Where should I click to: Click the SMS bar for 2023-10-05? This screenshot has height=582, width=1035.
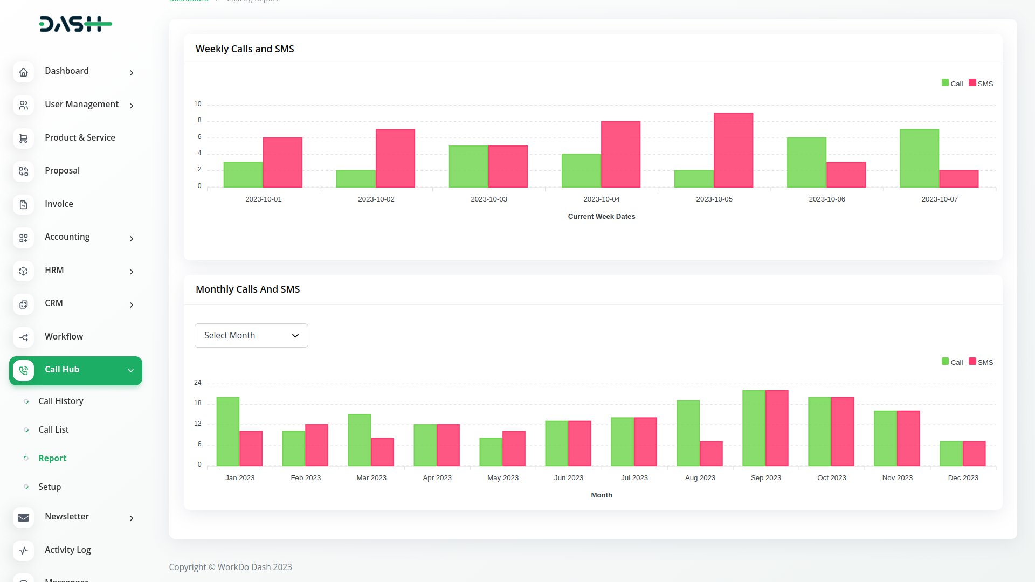(733, 150)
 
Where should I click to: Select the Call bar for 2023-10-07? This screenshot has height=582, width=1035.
(919, 158)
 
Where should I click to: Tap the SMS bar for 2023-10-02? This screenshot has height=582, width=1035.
(395, 158)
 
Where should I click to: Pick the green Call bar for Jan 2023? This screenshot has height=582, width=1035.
(228, 432)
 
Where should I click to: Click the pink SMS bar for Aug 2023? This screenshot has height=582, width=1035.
(711, 454)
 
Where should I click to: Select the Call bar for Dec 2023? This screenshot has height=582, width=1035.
(951, 454)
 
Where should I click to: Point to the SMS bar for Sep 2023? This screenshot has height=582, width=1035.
(777, 428)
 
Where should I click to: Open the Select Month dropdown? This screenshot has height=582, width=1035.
(251, 336)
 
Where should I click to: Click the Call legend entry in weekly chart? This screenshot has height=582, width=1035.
(953, 84)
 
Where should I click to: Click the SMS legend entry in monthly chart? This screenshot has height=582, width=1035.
(981, 362)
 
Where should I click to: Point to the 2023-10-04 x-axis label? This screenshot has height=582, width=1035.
(602, 199)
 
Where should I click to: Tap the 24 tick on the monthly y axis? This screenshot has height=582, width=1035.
(198, 383)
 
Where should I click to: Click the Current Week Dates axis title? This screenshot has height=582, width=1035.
(602, 217)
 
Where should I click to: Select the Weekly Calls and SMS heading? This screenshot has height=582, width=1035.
(245, 49)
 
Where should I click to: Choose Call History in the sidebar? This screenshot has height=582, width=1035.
(61, 401)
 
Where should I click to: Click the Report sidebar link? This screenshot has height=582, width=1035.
(52, 459)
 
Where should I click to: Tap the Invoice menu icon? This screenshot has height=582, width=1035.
(23, 205)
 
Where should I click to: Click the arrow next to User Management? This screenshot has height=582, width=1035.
(132, 106)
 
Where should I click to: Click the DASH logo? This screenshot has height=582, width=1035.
(75, 24)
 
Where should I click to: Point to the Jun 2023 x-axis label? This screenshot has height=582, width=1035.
(569, 478)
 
